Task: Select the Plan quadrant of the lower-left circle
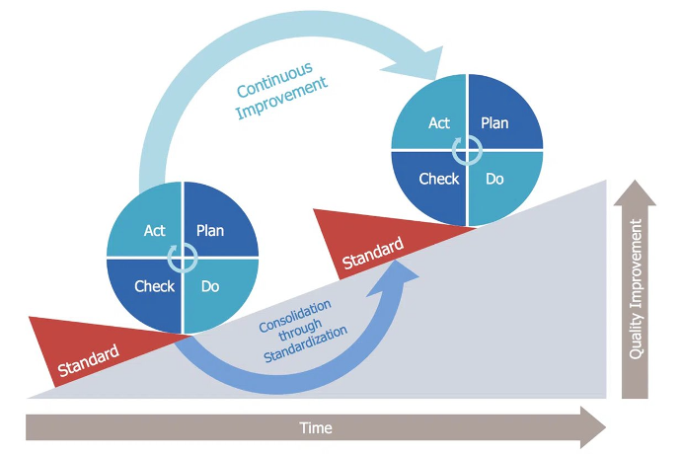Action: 216,224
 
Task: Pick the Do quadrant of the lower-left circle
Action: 216,291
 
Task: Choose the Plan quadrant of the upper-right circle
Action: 500,116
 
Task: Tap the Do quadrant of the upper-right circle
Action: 500,184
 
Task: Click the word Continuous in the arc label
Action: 274,80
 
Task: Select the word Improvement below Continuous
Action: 281,98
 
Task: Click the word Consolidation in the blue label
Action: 295,316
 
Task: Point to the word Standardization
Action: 305,344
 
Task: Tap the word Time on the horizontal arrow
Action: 316,428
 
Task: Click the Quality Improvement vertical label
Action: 635,289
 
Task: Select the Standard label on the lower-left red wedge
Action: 88,360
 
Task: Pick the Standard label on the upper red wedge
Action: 373,254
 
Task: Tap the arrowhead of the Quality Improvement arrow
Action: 635,193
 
